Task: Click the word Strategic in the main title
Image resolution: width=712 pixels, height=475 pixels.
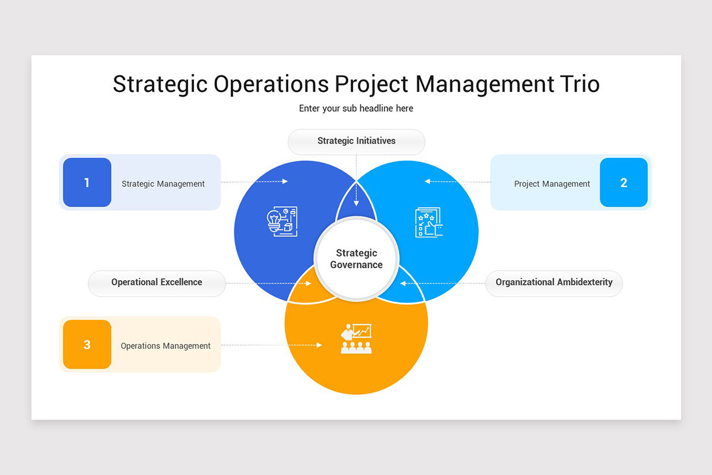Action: (160, 84)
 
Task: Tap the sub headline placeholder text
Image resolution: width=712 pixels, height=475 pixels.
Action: (356, 109)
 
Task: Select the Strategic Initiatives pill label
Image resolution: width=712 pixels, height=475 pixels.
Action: (356, 141)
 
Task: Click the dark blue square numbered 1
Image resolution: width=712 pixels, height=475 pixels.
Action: (87, 182)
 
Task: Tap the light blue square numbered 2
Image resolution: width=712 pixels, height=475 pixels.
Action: (624, 182)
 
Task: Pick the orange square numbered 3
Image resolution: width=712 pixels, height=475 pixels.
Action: (87, 344)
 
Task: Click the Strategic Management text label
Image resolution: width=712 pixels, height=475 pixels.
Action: (163, 184)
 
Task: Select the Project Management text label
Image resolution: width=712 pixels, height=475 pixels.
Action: (552, 184)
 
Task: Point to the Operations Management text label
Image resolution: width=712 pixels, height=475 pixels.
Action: (166, 346)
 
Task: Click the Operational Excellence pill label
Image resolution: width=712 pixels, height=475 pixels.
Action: (157, 283)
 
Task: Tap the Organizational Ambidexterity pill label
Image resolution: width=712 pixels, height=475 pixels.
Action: (554, 283)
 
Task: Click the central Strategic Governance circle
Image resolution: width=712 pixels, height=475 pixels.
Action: (356, 259)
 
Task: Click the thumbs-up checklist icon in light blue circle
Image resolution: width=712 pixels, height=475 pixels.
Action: (428, 223)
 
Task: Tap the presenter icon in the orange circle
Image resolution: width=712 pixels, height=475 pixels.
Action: (356, 338)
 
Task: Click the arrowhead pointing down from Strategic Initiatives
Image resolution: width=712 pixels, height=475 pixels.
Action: (356, 204)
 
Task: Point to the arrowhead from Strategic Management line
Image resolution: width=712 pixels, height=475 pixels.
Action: (285, 182)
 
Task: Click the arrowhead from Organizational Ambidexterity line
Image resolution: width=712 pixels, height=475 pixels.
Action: (403, 283)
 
